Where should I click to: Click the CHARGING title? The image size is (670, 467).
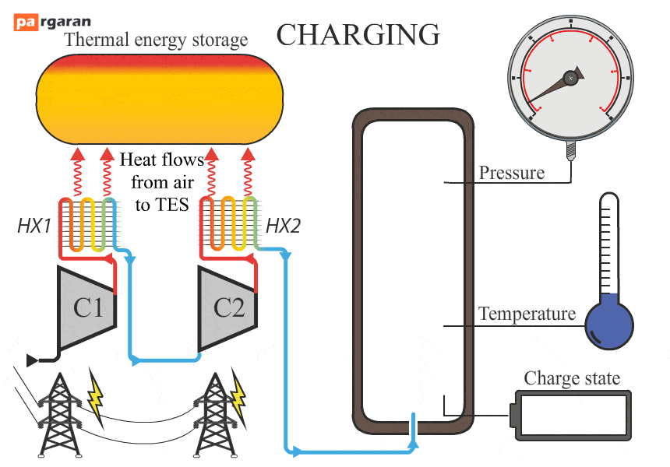(x=358, y=34)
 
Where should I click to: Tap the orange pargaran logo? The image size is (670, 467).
(x=26, y=22)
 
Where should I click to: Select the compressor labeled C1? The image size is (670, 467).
(x=87, y=307)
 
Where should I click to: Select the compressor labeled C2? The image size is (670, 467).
(x=227, y=308)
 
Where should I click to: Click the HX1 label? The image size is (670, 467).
(x=34, y=226)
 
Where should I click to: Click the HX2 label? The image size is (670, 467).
(x=283, y=226)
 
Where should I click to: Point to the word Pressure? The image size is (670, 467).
(x=512, y=173)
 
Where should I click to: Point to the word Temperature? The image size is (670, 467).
(x=527, y=314)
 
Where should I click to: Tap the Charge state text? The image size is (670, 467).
(x=572, y=378)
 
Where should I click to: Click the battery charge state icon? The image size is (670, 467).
(x=570, y=415)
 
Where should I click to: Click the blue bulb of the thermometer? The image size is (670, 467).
(x=609, y=325)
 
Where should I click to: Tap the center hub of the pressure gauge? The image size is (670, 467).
(x=570, y=78)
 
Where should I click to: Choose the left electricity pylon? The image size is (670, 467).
(x=60, y=415)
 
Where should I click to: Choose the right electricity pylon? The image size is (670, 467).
(x=215, y=415)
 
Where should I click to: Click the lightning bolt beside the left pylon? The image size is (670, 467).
(x=96, y=397)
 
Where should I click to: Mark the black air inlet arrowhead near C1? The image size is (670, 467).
(x=32, y=360)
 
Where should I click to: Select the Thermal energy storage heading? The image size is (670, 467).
(x=156, y=40)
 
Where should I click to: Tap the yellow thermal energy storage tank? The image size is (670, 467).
(x=160, y=99)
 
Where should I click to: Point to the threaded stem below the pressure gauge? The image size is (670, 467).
(x=570, y=150)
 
